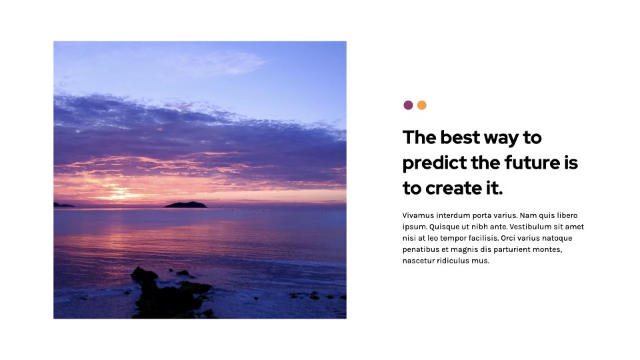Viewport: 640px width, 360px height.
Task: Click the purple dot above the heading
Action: [408, 105]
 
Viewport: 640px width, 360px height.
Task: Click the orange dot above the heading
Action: [421, 105]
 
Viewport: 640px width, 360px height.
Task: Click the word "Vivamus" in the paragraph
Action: [418, 215]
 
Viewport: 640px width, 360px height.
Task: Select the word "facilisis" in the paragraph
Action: [483, 238]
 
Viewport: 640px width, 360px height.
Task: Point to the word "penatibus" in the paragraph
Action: [420, 249]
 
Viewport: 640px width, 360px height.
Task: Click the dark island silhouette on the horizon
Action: [185, 205]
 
